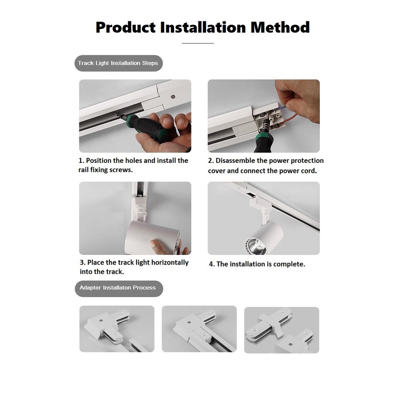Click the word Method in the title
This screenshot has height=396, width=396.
click(280, 27)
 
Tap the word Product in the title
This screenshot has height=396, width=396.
click(126, 27)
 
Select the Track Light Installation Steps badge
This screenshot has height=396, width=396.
click(118, 63)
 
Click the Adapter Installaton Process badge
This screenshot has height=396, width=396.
click(119, 288)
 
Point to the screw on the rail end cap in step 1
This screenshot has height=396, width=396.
click(173, 96)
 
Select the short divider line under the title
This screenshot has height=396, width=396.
click(198, 43)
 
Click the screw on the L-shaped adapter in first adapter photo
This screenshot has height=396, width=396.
click(101, 321)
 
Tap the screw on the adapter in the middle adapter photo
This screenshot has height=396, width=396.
click(189, 323)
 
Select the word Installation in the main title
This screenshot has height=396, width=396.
click(203, 27)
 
